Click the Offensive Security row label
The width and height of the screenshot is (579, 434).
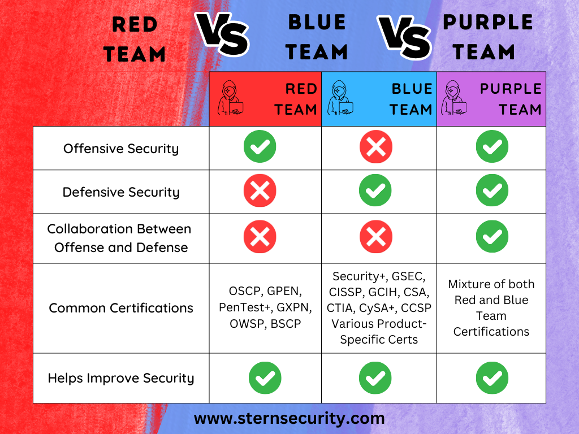coord(121,149)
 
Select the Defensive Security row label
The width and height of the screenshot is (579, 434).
coord(121,192)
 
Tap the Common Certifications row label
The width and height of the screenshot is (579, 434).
coord(121,308)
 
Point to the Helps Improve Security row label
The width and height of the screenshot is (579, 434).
coord(121,378)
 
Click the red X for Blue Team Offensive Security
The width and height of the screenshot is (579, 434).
coord(376,148)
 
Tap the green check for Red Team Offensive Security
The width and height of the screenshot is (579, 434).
coord(260,148)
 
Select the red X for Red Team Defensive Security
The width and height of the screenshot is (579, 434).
coord(260,190)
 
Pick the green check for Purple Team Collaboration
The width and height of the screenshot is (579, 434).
coord(492,237)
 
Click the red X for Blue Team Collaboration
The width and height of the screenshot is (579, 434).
coord(376,237)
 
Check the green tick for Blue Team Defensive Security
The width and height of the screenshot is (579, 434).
coord(376,190)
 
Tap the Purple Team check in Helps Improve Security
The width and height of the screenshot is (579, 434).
coord(492,377)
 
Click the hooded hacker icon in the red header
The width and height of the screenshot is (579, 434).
coord(231,98)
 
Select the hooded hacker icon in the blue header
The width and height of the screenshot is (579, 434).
coord(341,98)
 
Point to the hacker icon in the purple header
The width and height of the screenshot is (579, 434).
coord(454,98)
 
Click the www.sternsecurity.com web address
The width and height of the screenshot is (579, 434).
coord(289,419)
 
